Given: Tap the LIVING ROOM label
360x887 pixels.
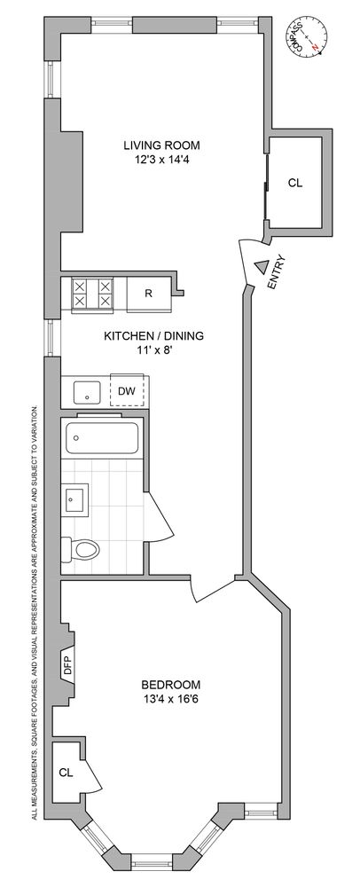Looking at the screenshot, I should (161, 145).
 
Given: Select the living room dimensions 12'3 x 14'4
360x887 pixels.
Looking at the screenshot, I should (161, 160).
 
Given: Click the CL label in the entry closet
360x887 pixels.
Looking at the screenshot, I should (295, 184).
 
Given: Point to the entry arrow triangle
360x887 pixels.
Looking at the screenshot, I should (261, 266).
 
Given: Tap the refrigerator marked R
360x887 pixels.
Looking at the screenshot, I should (149, 294).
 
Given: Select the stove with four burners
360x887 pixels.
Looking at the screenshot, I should (92, 294).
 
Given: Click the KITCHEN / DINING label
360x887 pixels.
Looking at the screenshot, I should (154, 335).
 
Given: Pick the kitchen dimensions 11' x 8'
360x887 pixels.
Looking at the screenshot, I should (154, 350).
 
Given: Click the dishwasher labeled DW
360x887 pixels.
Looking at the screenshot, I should (127, 390).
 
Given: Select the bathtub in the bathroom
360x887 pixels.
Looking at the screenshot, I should (100, 438).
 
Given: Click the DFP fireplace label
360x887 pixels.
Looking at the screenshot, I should (68, 664).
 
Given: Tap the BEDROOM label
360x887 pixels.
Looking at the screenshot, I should (171, 685).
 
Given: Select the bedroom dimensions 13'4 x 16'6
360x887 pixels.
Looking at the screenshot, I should (171, 700).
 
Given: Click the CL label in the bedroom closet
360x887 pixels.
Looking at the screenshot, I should (66, 772).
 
